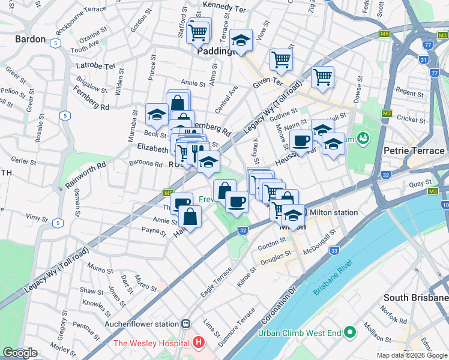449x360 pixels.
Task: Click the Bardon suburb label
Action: click(x=30, y=39)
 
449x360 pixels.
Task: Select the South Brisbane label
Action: click(x=416, y=298)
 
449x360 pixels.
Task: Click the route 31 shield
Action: click(x=424, y=60)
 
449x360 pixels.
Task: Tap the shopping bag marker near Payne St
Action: click(x=190, y=217)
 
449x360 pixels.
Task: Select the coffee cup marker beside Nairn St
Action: click(x=301, y=141)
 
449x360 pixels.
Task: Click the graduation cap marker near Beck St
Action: click(x=157, y=114)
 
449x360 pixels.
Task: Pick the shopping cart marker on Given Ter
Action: click(x=280, y=59)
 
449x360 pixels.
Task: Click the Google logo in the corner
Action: click(x=20, y=353)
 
